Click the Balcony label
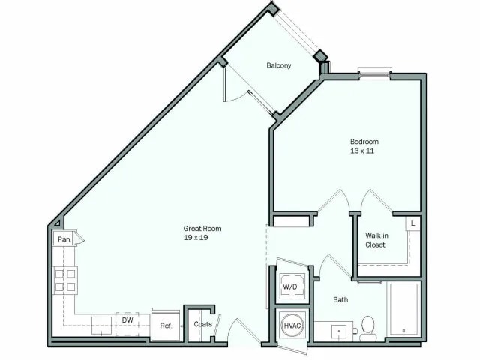coord(279,65)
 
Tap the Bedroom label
coord(364,142)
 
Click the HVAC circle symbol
coord(291,326)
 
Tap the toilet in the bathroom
coord(367,328)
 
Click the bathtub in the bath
coord(403,309)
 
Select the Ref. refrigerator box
coord(166,325)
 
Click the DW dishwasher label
coord(127,319)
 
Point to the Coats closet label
coord(202,324)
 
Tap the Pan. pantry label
coord(64,239)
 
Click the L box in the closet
coord(413,223)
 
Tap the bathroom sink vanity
coord(334,331)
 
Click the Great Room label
coord(202,229)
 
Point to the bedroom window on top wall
coord(374,73)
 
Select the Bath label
coord(340,300)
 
